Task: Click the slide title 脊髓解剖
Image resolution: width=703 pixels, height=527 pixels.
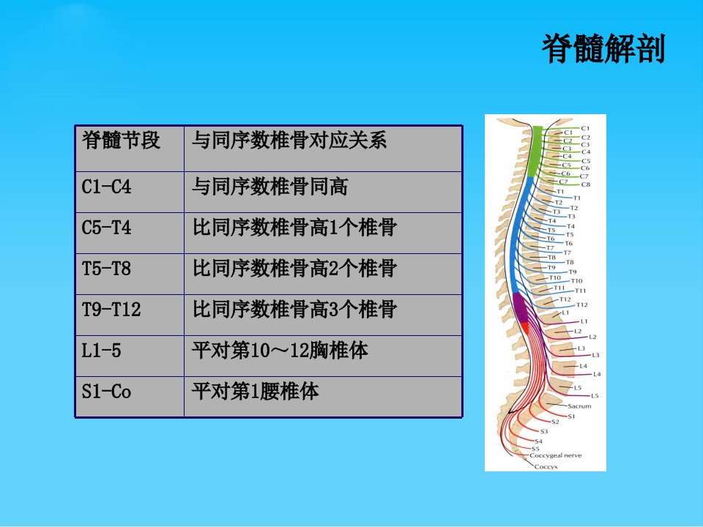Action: [603, 49]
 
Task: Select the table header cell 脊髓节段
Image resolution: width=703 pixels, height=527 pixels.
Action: [121, 140]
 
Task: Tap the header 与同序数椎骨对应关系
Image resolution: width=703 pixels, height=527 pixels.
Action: [289, 140]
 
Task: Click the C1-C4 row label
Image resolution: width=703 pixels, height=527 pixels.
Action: [106, 187]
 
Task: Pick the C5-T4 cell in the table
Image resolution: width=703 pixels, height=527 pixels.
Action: [106, 227]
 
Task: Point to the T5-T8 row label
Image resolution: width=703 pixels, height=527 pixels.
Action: [106, 269]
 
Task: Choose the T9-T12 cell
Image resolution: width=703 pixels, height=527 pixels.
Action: [111, 309]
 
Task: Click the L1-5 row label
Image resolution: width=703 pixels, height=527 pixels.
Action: [101, 351]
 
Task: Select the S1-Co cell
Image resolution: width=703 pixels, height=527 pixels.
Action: [106, 391]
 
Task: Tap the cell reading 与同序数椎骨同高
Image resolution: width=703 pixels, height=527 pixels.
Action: [269, 187]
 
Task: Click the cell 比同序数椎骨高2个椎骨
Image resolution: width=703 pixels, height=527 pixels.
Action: [294, 269]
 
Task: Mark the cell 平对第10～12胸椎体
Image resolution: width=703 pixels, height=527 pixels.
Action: [280, 351]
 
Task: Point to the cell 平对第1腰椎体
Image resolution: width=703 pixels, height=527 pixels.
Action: [255, 391]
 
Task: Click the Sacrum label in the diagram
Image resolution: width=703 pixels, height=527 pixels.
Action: [579, 406]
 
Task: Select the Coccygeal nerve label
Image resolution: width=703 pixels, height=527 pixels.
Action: [556, 455]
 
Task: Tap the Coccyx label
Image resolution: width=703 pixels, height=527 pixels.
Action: [546, 466]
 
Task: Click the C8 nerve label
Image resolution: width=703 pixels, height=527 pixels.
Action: [586, 184]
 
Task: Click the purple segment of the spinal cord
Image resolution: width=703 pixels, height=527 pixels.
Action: [521, 307]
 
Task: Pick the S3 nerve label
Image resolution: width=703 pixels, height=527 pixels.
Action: [544, 432]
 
